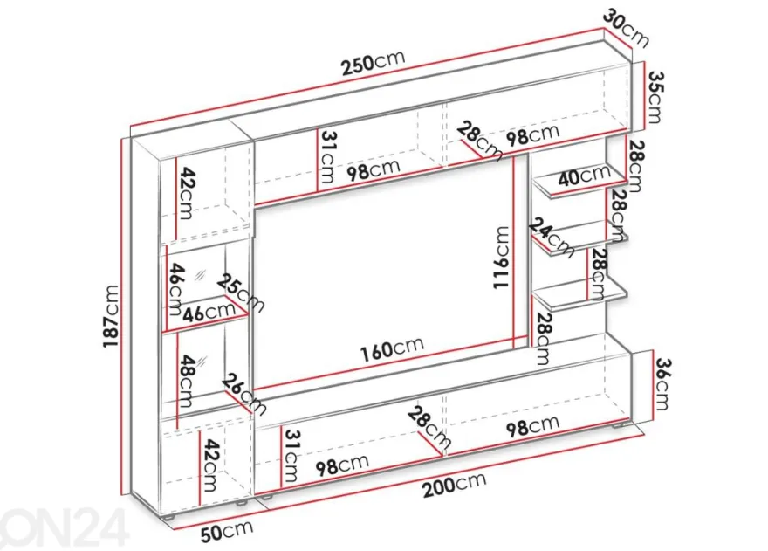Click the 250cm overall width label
(x=374, y=63)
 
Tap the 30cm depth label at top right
(x=626, y=28)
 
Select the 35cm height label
(x=655, y=97)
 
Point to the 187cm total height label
(x=111, y=316)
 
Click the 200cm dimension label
(x=455, y=485)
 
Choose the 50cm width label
(x=227, y=532)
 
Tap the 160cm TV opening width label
(x=392, y=348)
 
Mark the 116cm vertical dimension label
(x=502, y=258)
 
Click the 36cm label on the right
(x=662, y=384)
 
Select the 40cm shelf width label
(x=584, y=176)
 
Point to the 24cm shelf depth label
(x=552, y=238)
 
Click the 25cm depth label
(x=241, y=293)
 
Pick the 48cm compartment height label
(x=187, y=381)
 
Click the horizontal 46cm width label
(x=209, y=313)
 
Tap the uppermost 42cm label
(x=186, y=193)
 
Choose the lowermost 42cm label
(x=210, y=465)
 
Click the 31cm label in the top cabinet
(x=327, y=156)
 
